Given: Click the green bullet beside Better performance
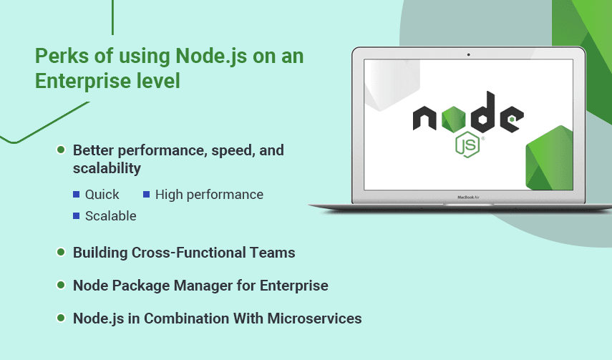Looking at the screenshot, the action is (x=61, y=150).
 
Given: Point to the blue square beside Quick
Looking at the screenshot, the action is (x=77, y=195).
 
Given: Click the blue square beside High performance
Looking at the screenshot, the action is (x=146, y=195).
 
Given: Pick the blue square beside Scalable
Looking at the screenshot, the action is (x=77, y=216).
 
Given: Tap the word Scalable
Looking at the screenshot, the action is (x=111, y=216).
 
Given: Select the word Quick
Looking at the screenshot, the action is (x=102, y=195).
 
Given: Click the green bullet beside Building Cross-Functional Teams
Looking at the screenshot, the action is (x=61, y=252).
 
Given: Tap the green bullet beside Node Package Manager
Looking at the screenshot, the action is (x=61, y=285).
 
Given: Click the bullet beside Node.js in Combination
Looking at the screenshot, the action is (x=61, y=318).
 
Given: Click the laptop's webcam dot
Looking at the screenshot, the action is (x=468, y=54).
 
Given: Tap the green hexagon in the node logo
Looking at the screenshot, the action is (x=454, y=119).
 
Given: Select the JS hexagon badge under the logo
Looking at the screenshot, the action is (x=467, y=145).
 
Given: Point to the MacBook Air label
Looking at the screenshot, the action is (x=468, y=198).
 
